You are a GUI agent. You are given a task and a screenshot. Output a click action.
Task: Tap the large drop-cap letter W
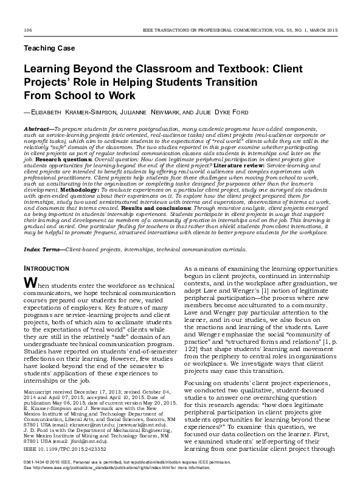point(29,283)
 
